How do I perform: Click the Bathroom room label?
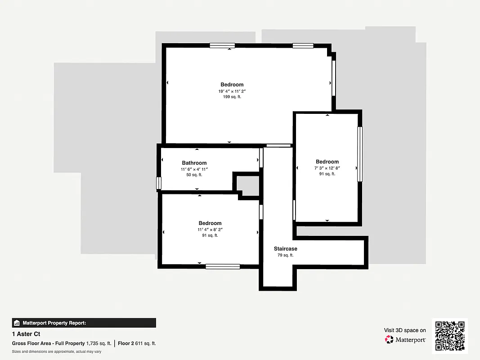click(x=194, y=163)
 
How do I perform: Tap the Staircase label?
click(x=286, y=249)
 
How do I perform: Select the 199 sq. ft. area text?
click(x=232, y=97)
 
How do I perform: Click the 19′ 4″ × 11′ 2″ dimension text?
click(x=232, y=91)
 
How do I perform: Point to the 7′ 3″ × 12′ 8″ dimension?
click(x=327, y=168)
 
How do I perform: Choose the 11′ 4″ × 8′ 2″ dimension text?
click(x=210, y=229)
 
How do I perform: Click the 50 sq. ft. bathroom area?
click(x=194, y=175)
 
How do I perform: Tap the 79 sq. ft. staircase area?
click(x=286, y=255)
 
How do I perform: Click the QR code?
click(x=450, y=336)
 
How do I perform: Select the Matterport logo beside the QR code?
click(x=406, y=339)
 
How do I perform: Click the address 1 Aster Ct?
click(x=26, y=334)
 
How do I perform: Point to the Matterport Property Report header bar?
click(x=84, y=323)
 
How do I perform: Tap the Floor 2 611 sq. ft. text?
click(x=137, y=343)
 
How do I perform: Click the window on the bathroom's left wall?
click(x=158, y=183)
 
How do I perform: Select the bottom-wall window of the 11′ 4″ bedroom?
click(x=223, y=266)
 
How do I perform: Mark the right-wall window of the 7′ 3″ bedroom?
click(x=359, y=154)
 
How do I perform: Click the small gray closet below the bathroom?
click(x=248, y=186)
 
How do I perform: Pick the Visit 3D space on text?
click(x=405, y=330)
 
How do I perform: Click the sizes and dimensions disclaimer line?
click(x=56, y=351)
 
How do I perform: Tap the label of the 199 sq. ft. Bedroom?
click(x=232, y=85)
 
